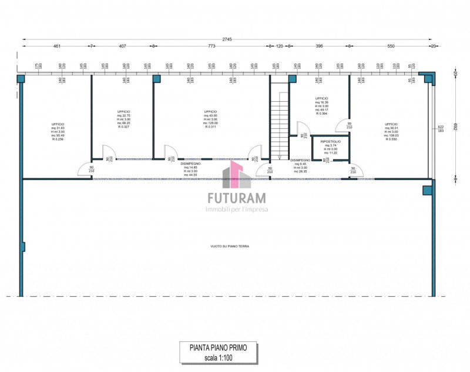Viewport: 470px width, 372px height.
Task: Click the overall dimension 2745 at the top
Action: click(x=227, y=39)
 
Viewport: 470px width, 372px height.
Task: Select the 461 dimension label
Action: click(x=57, y=46)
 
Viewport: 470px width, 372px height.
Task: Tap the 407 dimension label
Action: click(x=122, y=46)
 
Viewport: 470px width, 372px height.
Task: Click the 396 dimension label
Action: click(x=320, y=46)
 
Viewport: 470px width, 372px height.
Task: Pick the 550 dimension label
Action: click(x=391, y=46)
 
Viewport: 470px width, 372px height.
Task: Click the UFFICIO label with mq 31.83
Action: click(x=58, y=124)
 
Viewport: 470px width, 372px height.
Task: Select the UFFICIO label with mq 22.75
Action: click(x=123, y=111)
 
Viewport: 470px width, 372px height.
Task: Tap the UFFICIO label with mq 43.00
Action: click(x=210, y=111)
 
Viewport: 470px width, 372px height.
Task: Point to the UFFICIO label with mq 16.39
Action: click(x=321, y=98)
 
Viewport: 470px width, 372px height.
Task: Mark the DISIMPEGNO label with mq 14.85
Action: click(x=190, y=164)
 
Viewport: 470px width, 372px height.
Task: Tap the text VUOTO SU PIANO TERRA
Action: click(x=230, y=246)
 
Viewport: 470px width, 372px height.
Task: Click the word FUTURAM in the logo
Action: click(x=235, y=198)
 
